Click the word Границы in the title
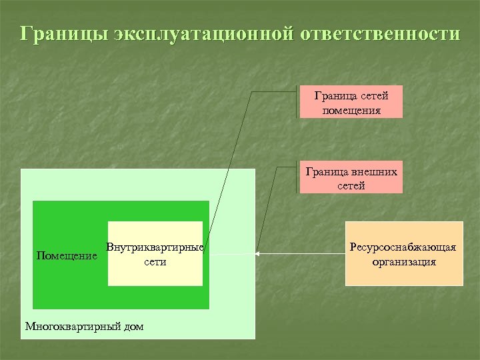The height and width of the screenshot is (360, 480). (x=64, y=34)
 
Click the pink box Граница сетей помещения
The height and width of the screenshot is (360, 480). (x=351, y=103)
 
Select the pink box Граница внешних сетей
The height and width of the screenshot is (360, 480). (x=351, y=178)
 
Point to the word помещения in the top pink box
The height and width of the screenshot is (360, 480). (x=351, y=110)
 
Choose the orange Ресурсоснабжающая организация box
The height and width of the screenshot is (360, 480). (x=404, y=254)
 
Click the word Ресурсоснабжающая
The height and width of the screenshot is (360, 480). (x=404, y=247)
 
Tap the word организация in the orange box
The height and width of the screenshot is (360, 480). (x=404, y=261)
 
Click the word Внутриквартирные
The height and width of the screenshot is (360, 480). (x=155, y=247)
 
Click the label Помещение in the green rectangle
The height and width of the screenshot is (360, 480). (x=67, y=255)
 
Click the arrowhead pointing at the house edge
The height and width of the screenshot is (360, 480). (x=259, y=253)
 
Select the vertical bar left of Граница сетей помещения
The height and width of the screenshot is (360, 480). (x=297, y=102)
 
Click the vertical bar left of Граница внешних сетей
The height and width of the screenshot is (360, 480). (x=297, y=177)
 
